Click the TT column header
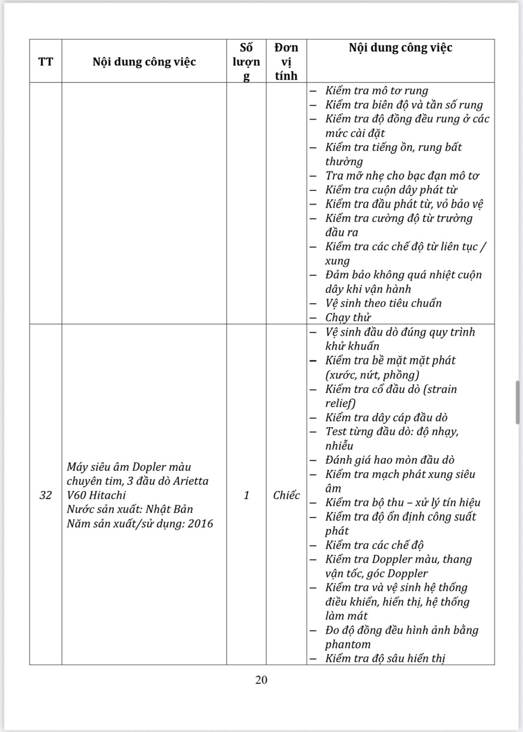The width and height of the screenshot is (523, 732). click(x=46, y=62)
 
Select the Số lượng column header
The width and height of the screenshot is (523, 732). click(x=246, y=61)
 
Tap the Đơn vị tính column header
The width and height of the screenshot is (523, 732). click(x=286, y=61)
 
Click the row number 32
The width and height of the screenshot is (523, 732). click(x=46, y=495)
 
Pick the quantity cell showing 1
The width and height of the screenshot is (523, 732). click(x=246, y=495)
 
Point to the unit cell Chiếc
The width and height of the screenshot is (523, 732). click(x=286, y=495)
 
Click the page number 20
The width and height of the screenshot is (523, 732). click(x=261, y=680)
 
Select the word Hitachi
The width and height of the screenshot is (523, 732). click(x=106, y=495)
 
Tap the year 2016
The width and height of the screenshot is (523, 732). click(x=201, y=523)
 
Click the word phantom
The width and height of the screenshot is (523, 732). click(x=348, y=645)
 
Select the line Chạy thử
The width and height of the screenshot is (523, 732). click(x=348, y=317)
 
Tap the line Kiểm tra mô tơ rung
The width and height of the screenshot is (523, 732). click(x=377, y=91)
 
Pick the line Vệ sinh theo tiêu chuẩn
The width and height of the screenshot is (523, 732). click(x=383, y=303)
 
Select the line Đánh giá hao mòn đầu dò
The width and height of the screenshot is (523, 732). click(x=390, y=460)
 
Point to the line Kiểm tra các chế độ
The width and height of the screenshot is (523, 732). click(x=374, y=545)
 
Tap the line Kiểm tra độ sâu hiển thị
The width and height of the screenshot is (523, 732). click(x=385, y=658)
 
